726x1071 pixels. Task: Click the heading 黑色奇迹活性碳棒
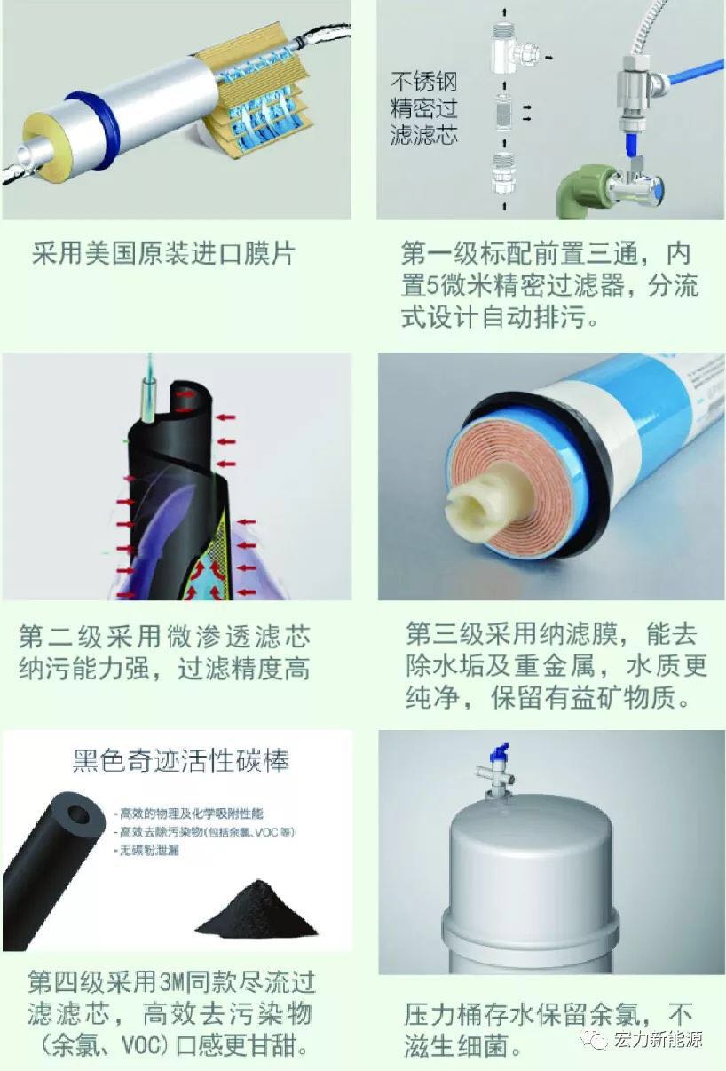(180, 762)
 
